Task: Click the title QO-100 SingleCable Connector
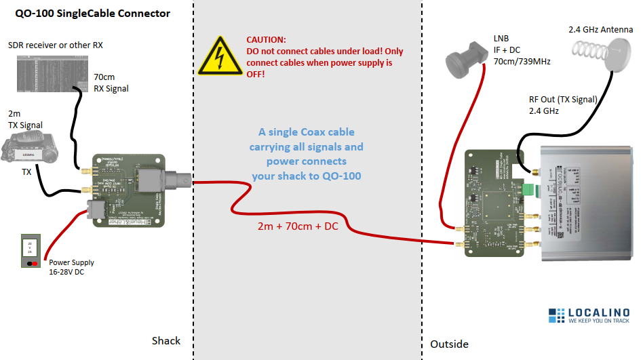[x=92, y=14]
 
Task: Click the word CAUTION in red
[x=266, y=41]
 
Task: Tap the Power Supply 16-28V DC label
[x=72, y=266]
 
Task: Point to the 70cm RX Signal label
[x=111, y=83]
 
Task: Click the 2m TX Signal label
[x=25, y=119]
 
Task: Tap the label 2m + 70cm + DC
[x=297, y=226]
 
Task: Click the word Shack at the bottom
[x=165, y=340]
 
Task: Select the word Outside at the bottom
[x=449, y=344]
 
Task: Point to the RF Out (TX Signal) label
[x=562, y=104]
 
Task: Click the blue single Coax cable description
[x=306, y=154]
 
